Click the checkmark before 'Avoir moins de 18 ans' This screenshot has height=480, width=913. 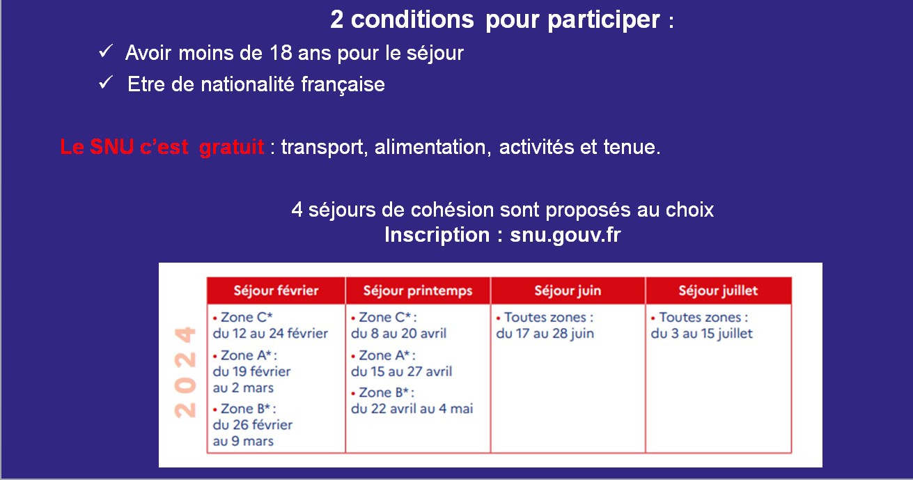(106, 52)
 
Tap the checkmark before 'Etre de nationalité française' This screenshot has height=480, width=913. (106, 83)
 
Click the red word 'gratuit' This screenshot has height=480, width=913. (231, 147)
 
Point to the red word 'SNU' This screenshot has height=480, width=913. (111, 146)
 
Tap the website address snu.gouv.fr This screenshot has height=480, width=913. (565, 235)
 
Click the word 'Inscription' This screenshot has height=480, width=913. (437, 235)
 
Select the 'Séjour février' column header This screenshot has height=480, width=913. (276, 291)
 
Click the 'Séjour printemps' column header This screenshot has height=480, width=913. (418, 291)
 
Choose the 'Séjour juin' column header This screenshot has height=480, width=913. (568, 291)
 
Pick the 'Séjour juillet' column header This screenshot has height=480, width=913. (718, 291)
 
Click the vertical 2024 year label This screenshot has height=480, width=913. (185, 372)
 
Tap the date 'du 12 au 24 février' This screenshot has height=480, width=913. (270, 334)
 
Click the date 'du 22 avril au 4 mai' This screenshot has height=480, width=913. (412, 409)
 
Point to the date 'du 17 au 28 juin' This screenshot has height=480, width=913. (545, 334)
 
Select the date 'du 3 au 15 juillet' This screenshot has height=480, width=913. (701, 334)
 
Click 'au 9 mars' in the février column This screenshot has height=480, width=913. (243, 441)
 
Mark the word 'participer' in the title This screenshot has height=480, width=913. (603, 20)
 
